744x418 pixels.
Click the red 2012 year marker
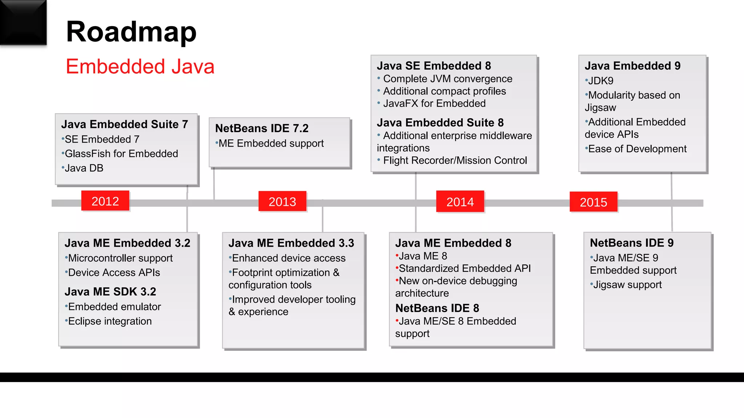click(x=105, y=201)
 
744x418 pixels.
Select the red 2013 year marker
click(x=282, y=201)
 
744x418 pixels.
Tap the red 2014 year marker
click(x=460, y=202)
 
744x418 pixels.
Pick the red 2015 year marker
click(x=593, y=202)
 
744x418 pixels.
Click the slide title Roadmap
click(x=131, y=32)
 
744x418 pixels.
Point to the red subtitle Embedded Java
click(x=140, y=67)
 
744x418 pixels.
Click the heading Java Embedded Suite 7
click(x=124, y=124)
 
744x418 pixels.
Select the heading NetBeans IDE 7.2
click(x=262, y=128)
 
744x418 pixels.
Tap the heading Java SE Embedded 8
click(x=434, y=66)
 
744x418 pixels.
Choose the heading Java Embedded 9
click(x=632, y=66)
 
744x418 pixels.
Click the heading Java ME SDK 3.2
click(x=110, y=292)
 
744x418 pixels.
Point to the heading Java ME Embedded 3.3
click(x=291, y=243)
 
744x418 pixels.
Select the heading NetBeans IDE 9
click(x=631, y=243)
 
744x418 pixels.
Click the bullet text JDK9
click(x=601, y=81)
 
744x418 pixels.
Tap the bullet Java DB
click(x=84, y=168)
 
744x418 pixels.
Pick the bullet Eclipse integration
click(x=110, y=321)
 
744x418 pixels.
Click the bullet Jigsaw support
click(x=627, y=285)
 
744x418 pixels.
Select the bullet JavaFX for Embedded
click(x=434, y=103)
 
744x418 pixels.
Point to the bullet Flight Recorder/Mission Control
click(x=455, y=160)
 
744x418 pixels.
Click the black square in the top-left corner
click(x=23, y=22)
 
